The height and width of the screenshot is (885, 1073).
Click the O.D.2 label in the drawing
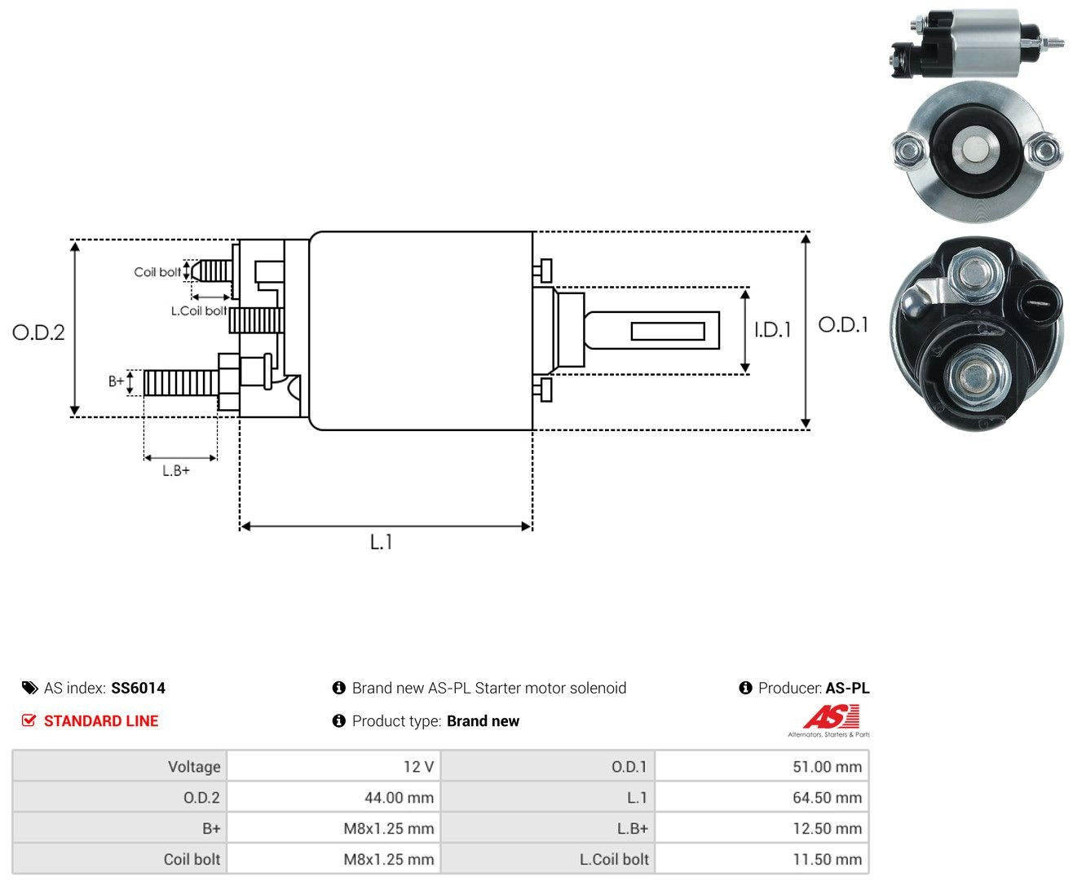pyautogui.click(x=38, y=332)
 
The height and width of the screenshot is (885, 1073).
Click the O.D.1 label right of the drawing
pyautogui.click(x=843, y=324)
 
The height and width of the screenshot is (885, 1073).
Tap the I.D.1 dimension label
pyautogui.click(x=772, y=330)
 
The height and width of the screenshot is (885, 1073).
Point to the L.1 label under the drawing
pyautogui.click(x=381, y=542)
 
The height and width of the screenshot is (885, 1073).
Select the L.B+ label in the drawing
pyautogui.click(x=176, y=470)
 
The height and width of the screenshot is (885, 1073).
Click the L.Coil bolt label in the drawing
pyautogui.click(x=198, y=310)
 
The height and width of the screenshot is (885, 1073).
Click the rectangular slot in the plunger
pyautogui.click(x=668, y=332)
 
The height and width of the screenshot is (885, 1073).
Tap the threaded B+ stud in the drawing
pyautogui.click(x=180, y=383)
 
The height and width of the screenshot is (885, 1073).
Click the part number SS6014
pyautogui.click(x=139, y=688)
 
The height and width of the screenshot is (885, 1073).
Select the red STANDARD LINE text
pyautogui.click(x=101, y=720)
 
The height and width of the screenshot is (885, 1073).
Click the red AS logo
pyautogui.click(x=831, y=716)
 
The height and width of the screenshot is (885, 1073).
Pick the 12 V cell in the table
pyautogui.click(x=333, y=766)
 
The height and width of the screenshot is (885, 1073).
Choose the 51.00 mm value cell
pyautogui.click(x=762, y=766)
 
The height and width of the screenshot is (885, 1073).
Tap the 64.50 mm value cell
pyautogui.click(x=762, y=797)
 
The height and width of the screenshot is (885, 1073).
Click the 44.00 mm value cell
pyautogui.click(x=333, y=797)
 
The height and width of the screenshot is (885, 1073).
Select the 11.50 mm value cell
pyautogui.click(x=762, y=858)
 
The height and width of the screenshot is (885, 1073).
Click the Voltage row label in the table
pyautogui.click(x=194, y=766)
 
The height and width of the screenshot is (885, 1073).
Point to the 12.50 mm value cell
pyautogui.click(x=762, y=827)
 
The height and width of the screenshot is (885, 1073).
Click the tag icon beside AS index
pyautogui.click(x=30, y=688)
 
